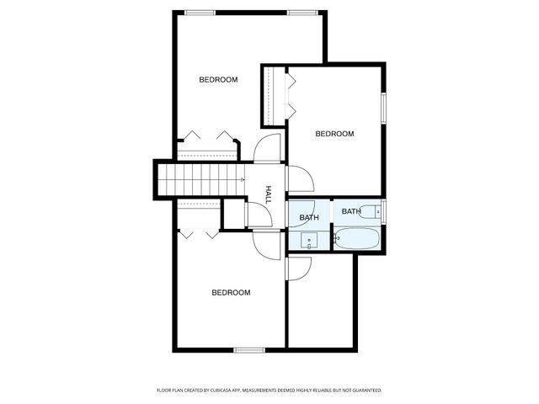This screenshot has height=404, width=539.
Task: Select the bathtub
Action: (x=359, y=238)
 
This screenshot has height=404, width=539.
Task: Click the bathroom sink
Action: (x=308, y=241)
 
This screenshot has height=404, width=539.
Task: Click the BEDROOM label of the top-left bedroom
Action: (x=218, y=80)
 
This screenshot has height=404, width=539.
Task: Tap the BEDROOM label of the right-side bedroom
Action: (x=334, y=134)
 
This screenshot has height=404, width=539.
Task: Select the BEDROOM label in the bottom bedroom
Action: (x=231, y=293)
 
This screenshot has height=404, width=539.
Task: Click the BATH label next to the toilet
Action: (x=351, y=211)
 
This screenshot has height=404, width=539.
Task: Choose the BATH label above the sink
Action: (x=309, y=218)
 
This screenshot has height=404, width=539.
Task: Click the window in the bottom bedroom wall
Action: (x=249, y=349)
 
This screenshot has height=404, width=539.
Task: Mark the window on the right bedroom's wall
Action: (x=383, y=107)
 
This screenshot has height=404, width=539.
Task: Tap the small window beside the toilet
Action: (x=383, y=210)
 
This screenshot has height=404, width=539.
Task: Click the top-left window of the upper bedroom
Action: (x=199, y=12)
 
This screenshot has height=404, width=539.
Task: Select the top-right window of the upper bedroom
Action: (x=301, y=12)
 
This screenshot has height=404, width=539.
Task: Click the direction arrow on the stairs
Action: (x=242, y=180)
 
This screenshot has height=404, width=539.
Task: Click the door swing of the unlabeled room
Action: (x=299, y=268)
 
